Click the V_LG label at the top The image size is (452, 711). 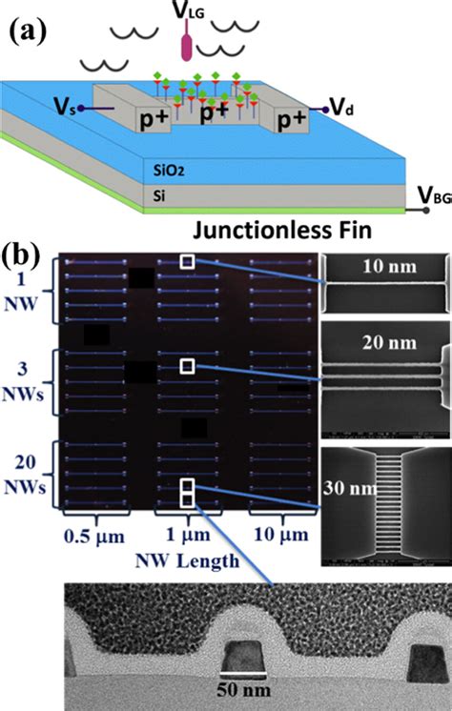pyautogui.click(x=191, y=14)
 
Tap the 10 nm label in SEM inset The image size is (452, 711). pyautogui.click(x=385, y=268)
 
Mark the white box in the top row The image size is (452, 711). pyautogui.click(x=191, y=261)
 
